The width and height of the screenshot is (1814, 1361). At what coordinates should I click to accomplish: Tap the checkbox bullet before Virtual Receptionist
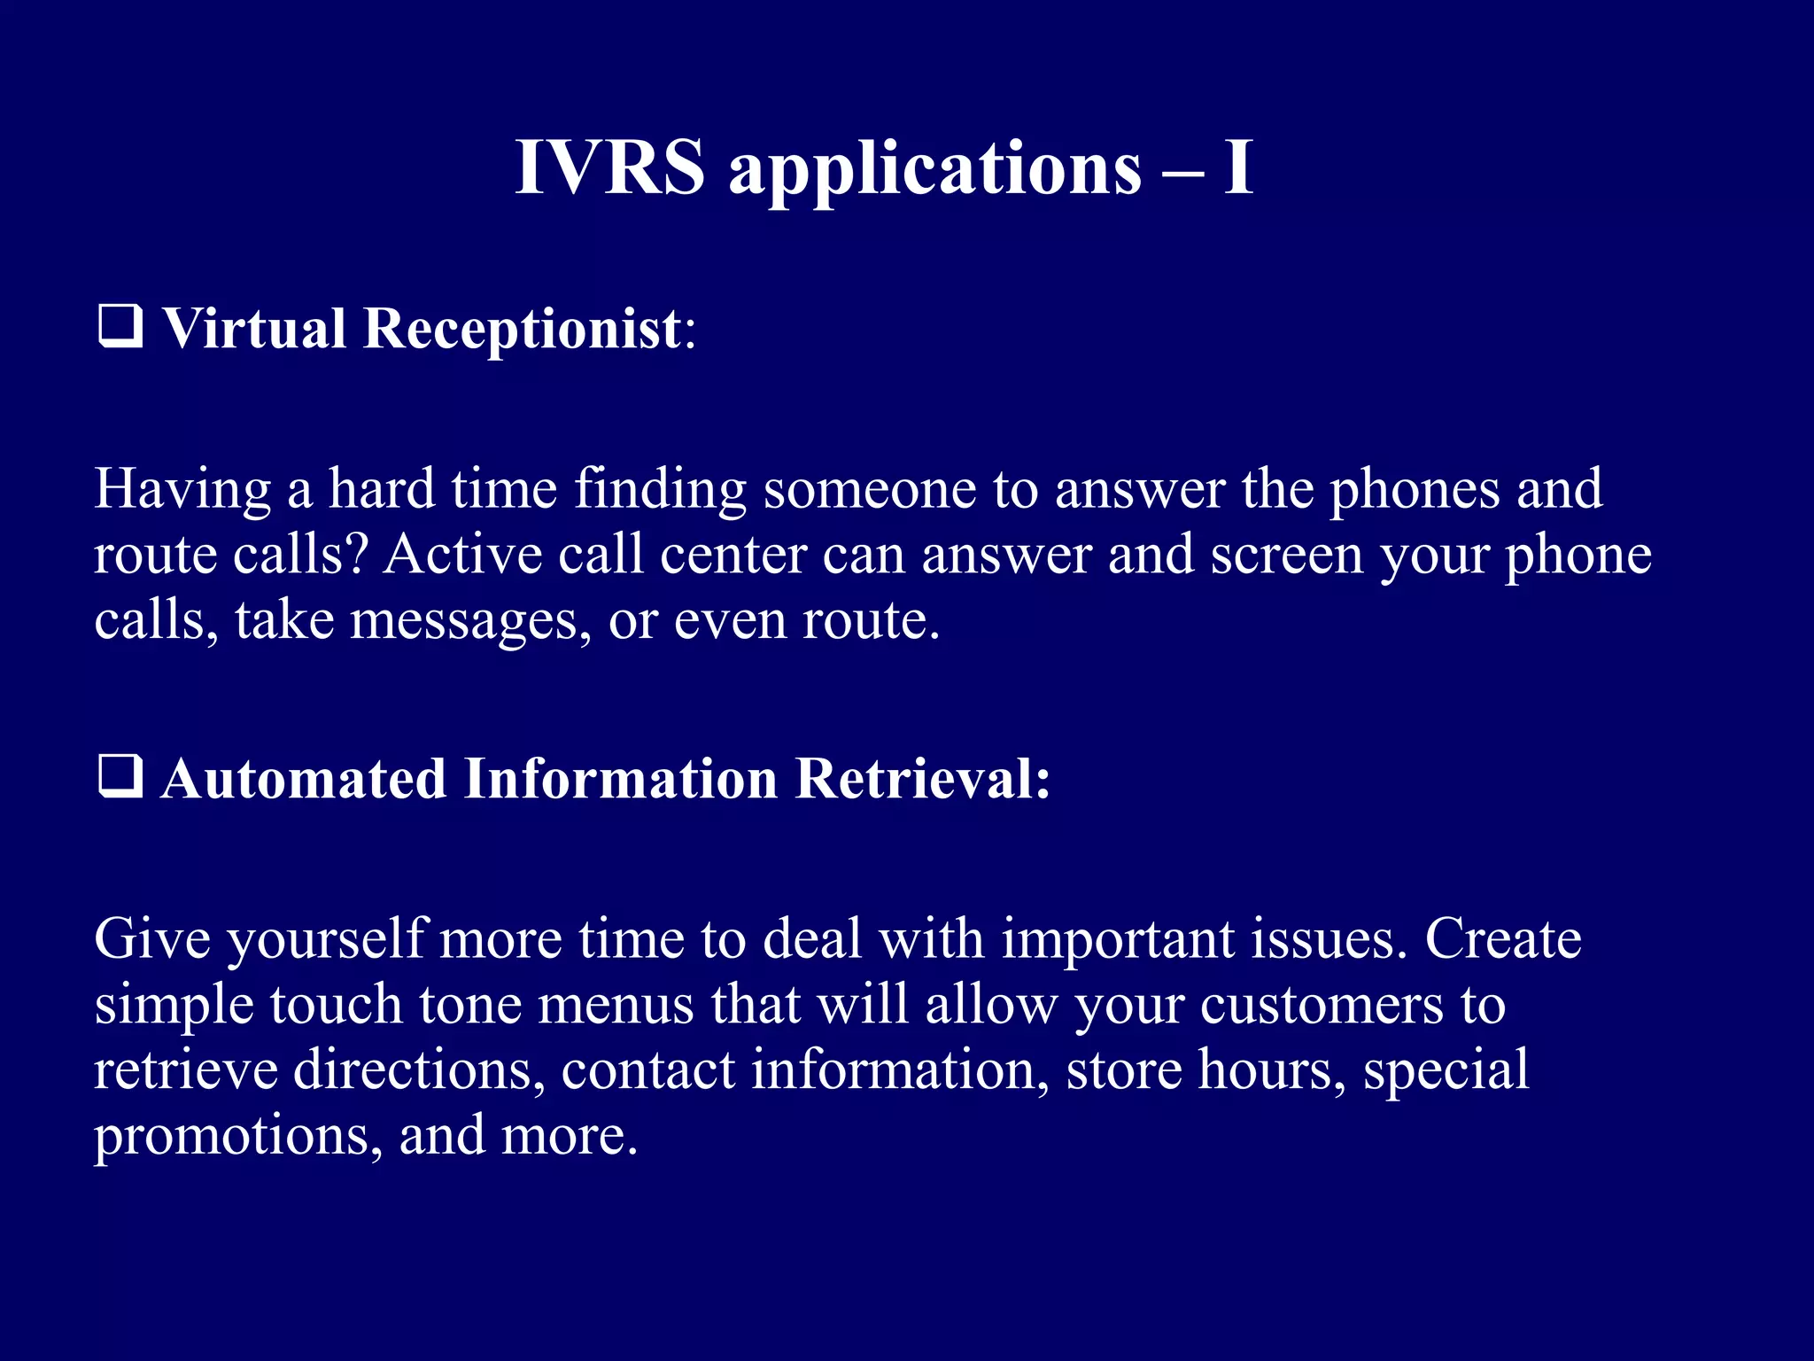coord(120,327)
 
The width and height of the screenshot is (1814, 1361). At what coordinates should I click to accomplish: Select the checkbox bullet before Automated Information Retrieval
coord(120,777)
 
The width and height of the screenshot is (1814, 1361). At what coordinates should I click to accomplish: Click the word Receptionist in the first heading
coord(523,330)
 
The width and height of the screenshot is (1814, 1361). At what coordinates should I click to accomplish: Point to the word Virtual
coord(254,330)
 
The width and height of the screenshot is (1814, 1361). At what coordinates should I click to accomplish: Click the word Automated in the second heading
coord(303,779)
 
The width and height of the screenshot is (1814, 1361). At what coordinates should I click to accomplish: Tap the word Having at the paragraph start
coord(182,490)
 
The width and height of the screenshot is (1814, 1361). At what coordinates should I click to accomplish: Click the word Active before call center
coord(462,555)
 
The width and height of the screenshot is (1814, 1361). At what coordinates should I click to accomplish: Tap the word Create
coord(1503,938)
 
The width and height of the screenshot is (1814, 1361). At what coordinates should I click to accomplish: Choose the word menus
coord(615,1005)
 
